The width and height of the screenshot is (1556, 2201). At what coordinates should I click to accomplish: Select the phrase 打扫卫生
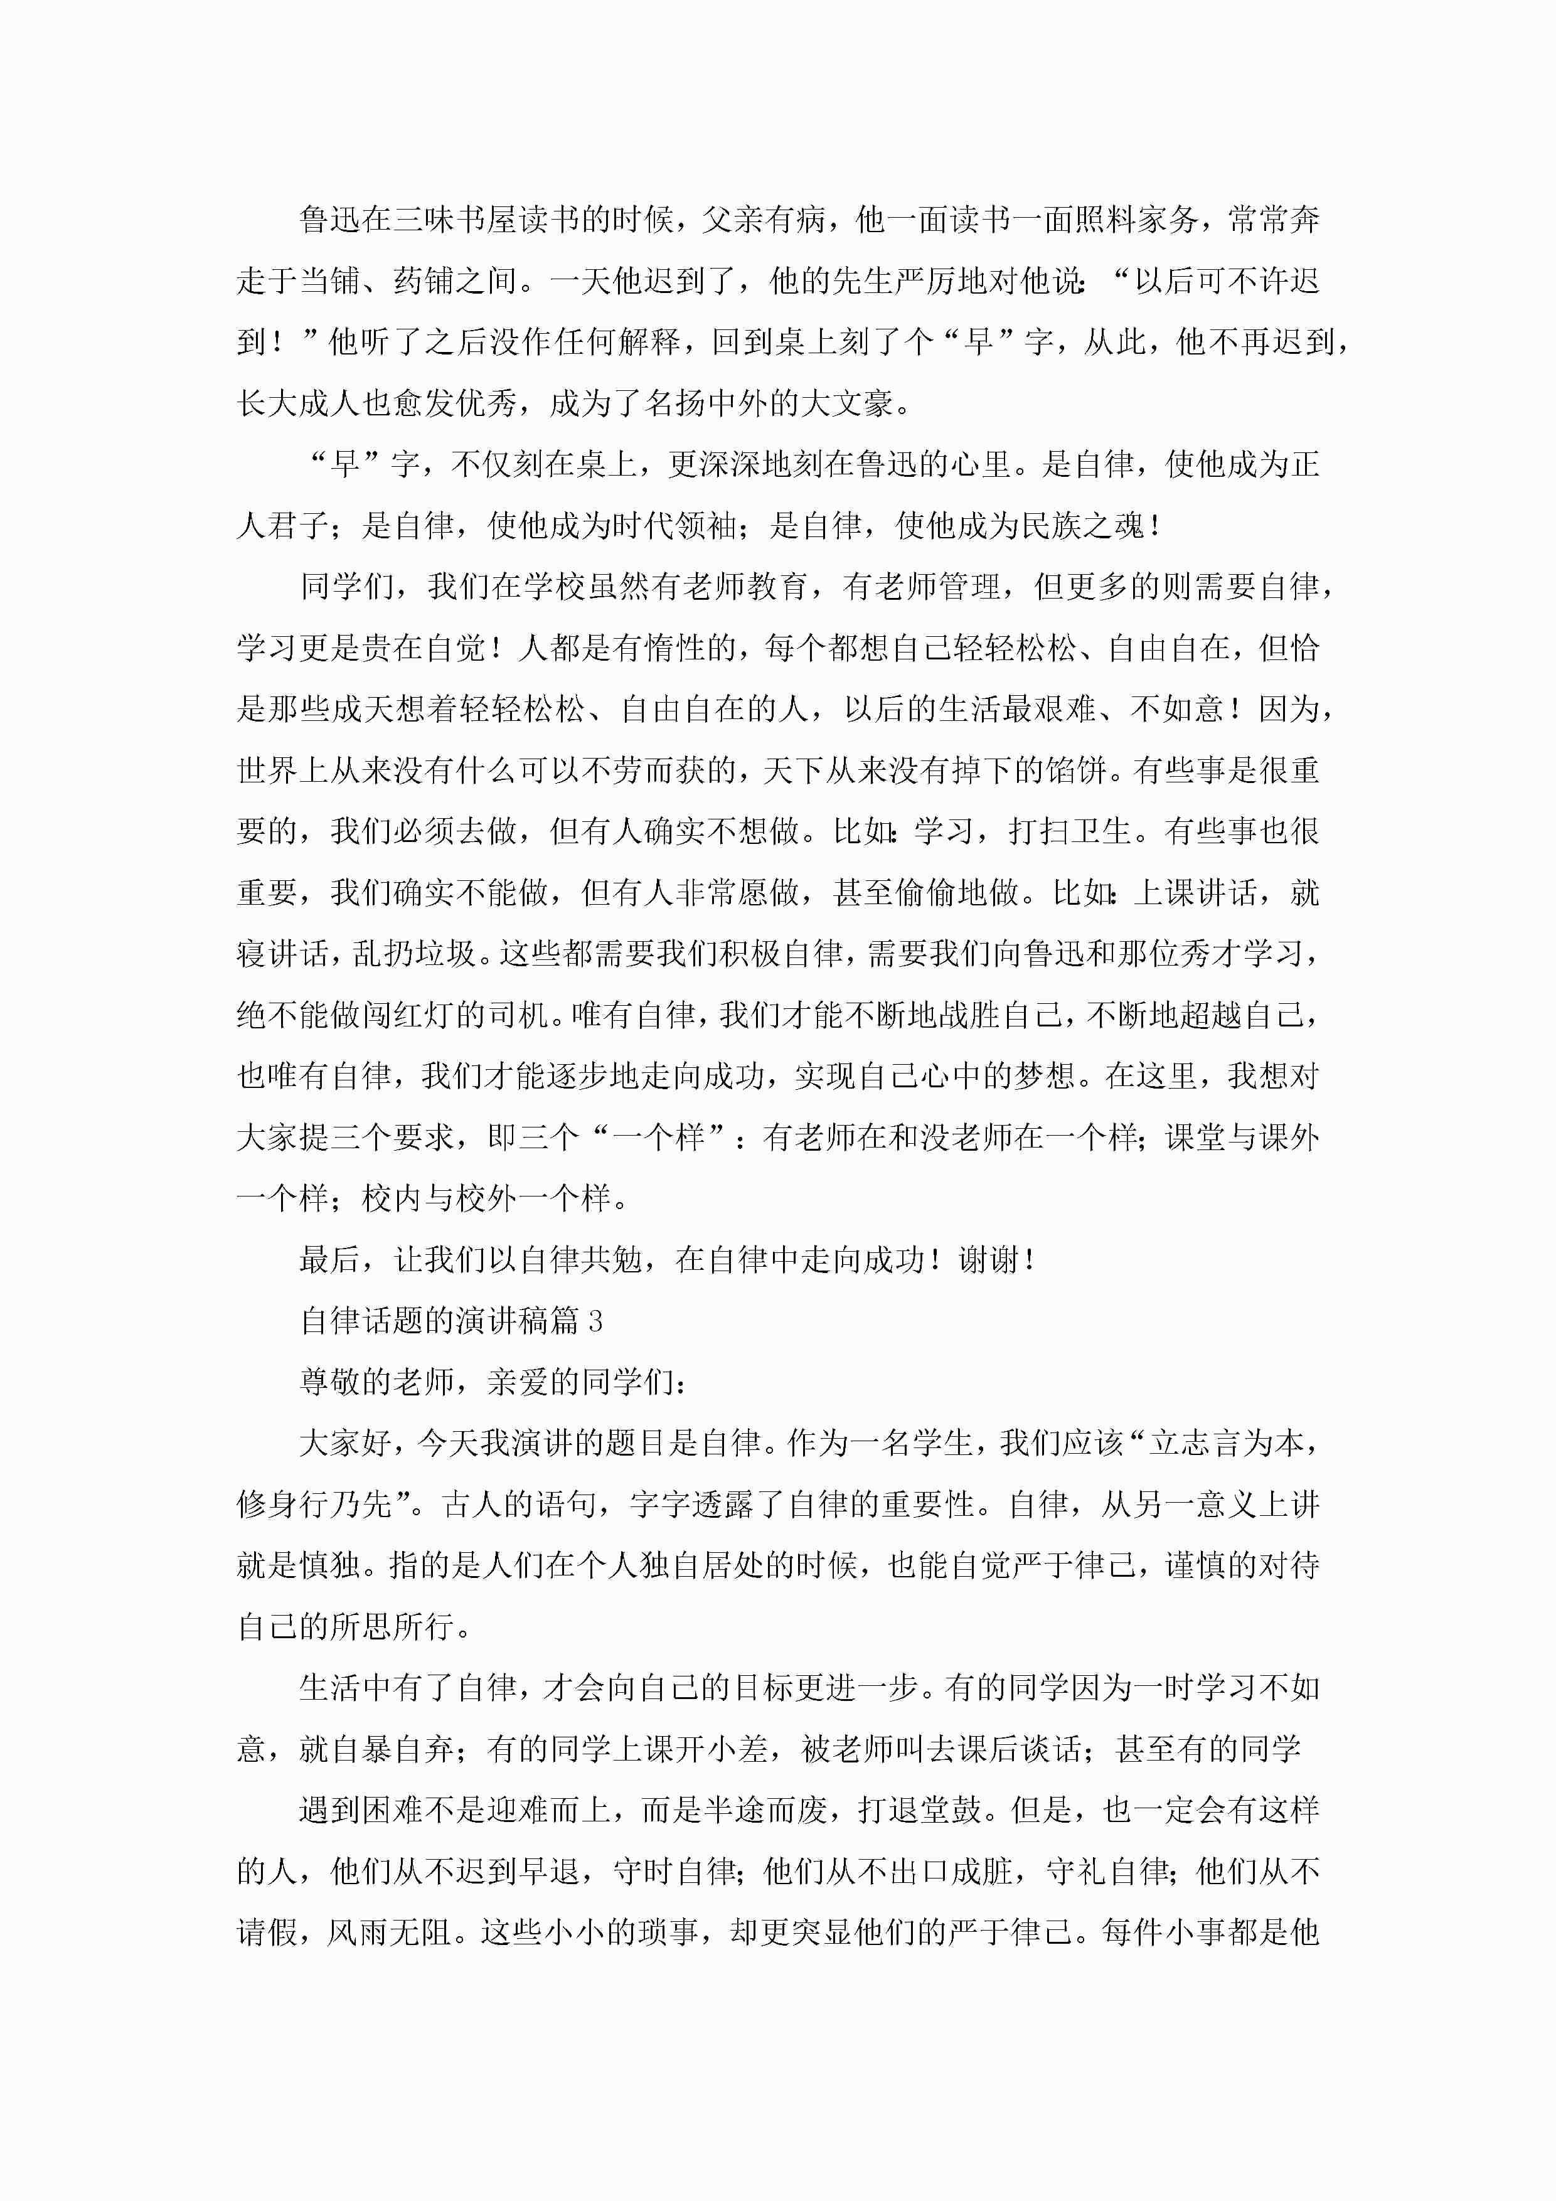click(1069, 831)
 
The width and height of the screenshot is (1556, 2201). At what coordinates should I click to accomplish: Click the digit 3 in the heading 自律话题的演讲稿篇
click(595, 1321)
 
